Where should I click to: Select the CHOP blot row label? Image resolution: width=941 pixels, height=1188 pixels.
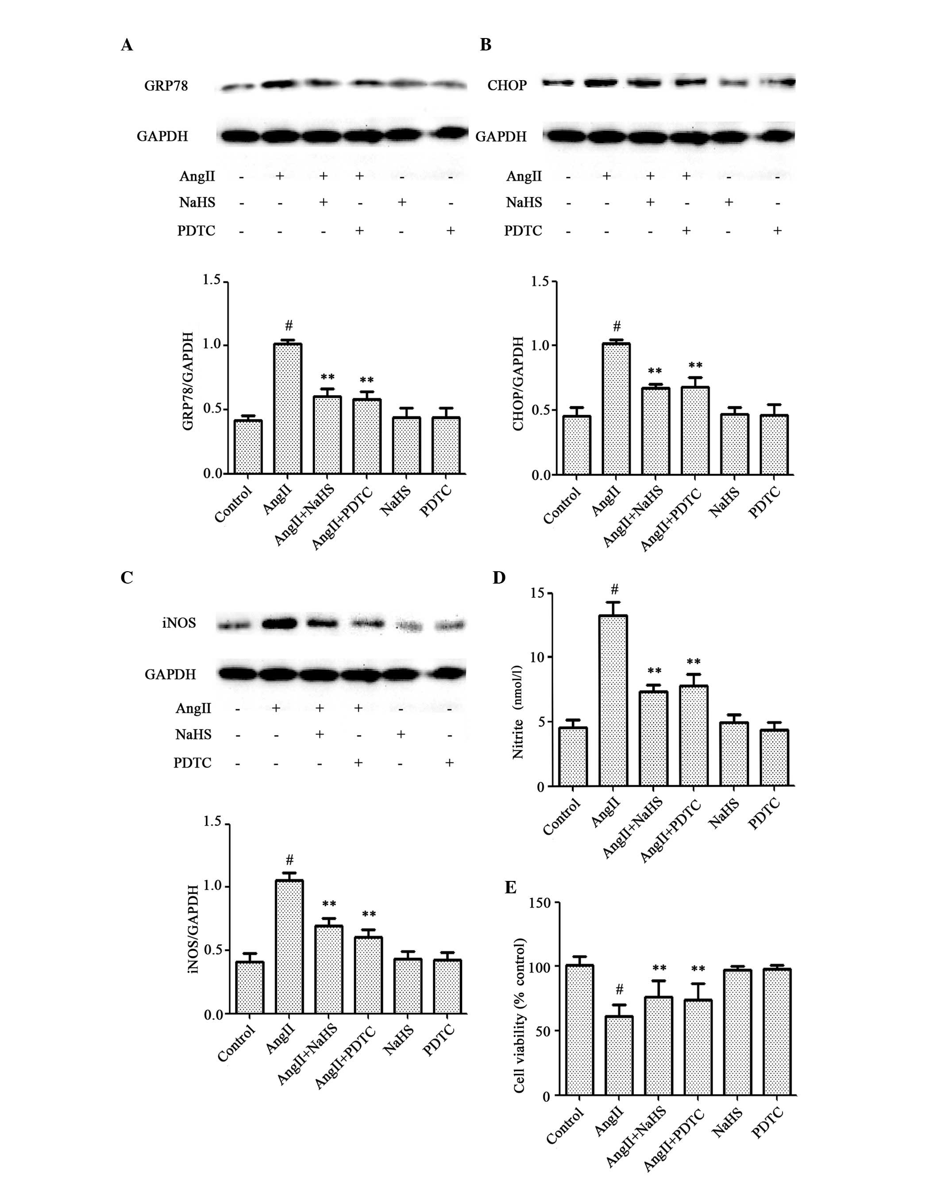(x=507, y=85)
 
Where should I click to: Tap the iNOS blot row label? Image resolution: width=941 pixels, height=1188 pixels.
(x=179, y=623)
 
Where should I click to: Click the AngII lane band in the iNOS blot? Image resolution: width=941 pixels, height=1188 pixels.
(x=280, y=623)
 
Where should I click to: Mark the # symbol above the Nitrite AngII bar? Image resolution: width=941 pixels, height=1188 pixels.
(x=615, y=590)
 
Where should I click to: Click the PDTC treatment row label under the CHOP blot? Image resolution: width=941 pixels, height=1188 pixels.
(x=523, y=231)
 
